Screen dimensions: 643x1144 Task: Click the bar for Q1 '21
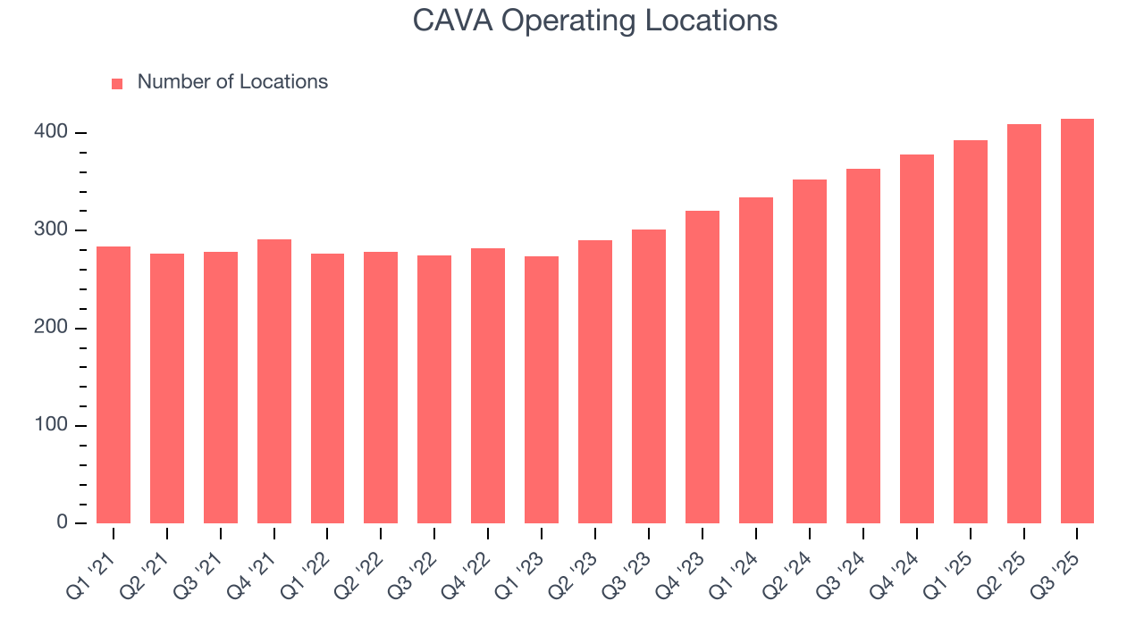click(114, 385)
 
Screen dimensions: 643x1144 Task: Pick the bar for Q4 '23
click(702, 367)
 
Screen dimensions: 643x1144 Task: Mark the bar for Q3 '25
click(1077, 321)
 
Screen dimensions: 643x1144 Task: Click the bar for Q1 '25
click(970, 331)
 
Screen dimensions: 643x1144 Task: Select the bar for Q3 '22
click(434, 389)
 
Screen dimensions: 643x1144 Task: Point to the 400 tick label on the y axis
click(50, 132)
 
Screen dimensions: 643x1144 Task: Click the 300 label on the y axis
click(50, 230)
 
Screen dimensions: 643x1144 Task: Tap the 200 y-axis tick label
click(50, 328)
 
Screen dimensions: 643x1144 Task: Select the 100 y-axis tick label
click(50, 425)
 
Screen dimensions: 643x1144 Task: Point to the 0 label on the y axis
click(62, 522)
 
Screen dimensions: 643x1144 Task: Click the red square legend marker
click(117, 83)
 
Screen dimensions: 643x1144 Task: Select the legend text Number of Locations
click(232, 82)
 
